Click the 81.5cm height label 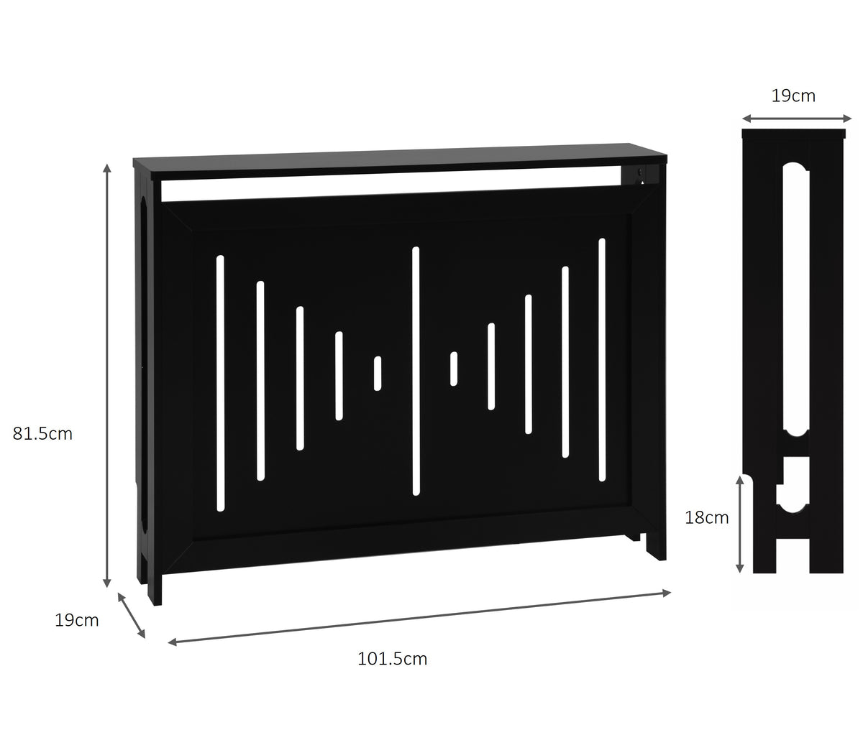(x=42, y=434)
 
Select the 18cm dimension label (x=706, y=517)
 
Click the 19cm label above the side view (x=793, y=96)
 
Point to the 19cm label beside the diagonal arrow (x=77, y=620)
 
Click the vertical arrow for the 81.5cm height (x=107, y=376)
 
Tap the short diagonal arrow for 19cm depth (x=132, y=615)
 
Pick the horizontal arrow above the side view (x=797, y=119)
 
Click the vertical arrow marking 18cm (x=739, y=524)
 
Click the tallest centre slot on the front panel (x=416, y=371)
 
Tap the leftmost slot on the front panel (x=221, y=384)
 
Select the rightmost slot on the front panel (x=602, y=359)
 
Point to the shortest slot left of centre (x=378, y=374)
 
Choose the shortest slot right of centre (x=454, y=369)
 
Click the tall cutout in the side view (x=796, y=300)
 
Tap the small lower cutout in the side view (x=793, y=484)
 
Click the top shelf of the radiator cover (x=400, y=162)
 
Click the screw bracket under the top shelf (x=639, y=175)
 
